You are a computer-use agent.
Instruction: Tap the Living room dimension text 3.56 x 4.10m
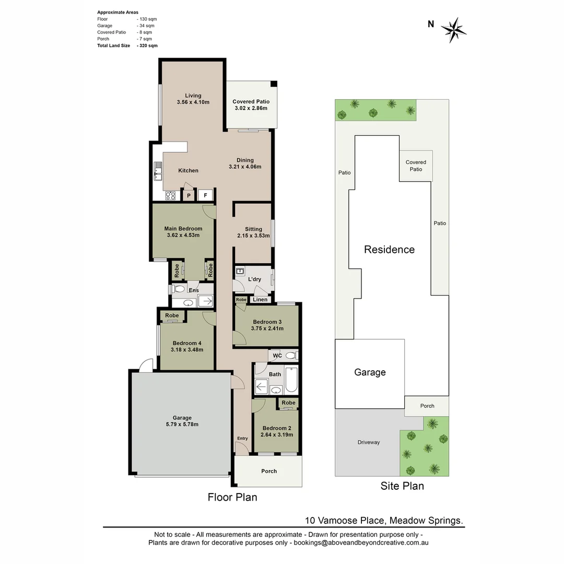coord(193,102)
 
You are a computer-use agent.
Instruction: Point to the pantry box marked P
coord(189,196)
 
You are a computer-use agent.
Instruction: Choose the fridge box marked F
coord(206,196)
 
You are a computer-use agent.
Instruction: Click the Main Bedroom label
coord(183,228)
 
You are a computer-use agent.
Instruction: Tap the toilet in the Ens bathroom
coord(178,289)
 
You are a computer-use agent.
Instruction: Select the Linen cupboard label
coord(260,299)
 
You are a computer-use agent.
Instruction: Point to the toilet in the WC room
coord(290,356)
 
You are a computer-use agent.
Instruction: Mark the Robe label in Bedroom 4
coord(172,315)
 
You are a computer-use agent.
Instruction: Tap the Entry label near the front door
coord(242,438)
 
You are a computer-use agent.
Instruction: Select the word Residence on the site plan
coord(389,250)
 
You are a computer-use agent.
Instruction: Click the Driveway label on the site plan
coord(369,442)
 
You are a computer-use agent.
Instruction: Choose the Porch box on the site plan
coord(427,406)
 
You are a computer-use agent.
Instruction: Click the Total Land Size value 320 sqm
coord(147,46)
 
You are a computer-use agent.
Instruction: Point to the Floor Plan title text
coord(232,497)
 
